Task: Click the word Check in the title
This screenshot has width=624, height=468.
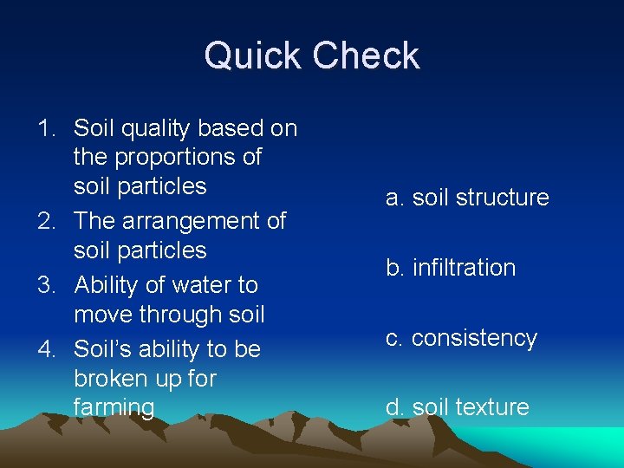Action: tap(367, 56)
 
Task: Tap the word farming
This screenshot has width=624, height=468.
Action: tap(114, 407)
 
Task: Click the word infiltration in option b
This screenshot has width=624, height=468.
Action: tap(464, 268)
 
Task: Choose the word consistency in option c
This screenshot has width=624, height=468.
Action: tap(474, 338)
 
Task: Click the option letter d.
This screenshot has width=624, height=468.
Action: tap(394, 407)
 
